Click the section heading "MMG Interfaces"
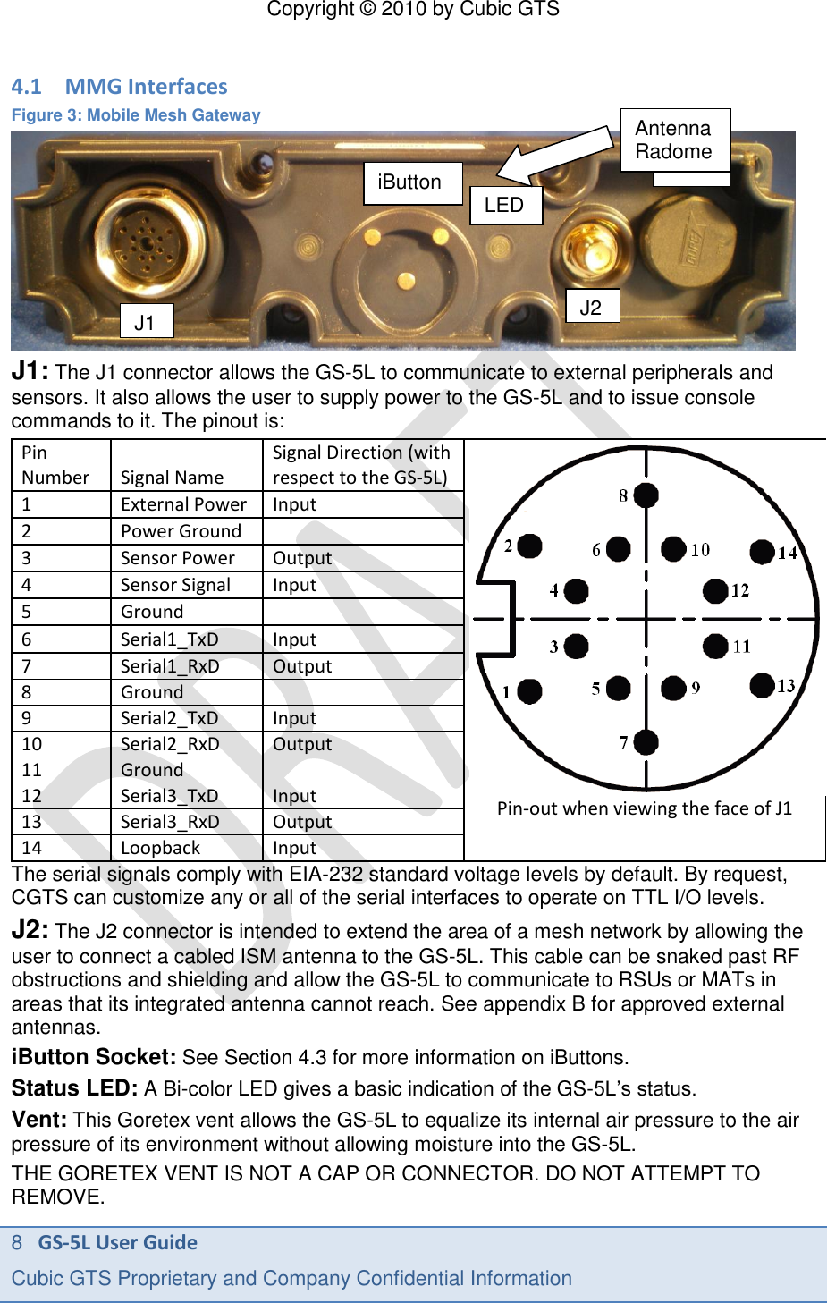point(146,87)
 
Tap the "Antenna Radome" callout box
point(675,140)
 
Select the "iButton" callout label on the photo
point(411,182)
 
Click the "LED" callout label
point(505,205)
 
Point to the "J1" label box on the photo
point(146,322)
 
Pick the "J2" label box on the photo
point(592,308)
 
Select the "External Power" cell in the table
point(184,504)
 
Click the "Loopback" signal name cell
point(161,848)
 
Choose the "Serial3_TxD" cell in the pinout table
point(170,796)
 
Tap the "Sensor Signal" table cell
point(176,585)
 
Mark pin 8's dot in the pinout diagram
point(646,495)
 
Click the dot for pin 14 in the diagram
point(762,552)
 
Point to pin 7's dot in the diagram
point(646,741)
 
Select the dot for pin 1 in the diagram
point(529,690)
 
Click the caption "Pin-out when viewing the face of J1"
point(645,808)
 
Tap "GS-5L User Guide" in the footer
point(117,1242)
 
